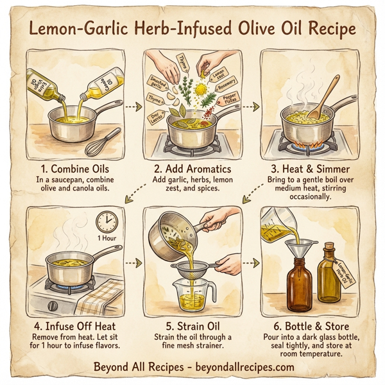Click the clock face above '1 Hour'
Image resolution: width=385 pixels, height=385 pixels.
[107, 222]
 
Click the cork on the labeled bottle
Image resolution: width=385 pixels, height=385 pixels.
[329, 246]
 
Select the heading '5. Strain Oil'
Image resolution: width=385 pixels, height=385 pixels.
[192, 326]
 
